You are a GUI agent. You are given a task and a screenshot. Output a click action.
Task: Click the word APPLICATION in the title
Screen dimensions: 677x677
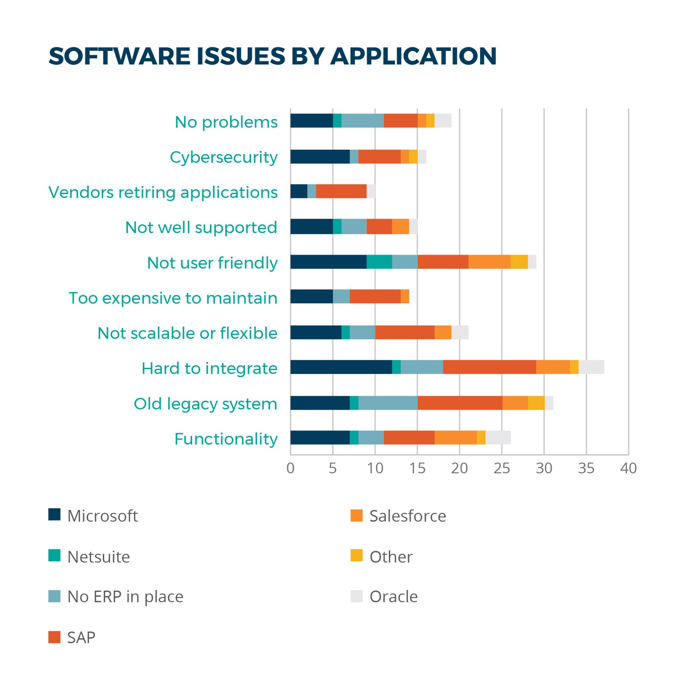pyautogui.click(x=414, y=56)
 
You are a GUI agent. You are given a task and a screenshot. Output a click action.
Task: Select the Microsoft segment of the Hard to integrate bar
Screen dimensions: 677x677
pyautogui.click(x=341, y=367)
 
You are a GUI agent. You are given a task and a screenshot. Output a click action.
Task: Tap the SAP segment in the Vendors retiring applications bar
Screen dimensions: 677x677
pyautogui.click(x=341, y=191)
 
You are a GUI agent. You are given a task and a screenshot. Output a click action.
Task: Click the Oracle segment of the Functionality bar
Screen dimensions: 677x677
pyautogui.click(x=498, y=437)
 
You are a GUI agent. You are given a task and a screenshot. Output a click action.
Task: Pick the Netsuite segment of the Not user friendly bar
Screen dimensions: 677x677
pyautogui.click(x=379, y=262)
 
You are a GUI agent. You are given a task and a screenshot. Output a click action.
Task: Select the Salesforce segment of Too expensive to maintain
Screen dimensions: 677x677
pyautogui.click(x=405, y=297)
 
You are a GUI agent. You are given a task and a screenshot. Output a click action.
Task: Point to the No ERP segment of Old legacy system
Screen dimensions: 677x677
pyautogui.click(x=387, y=403)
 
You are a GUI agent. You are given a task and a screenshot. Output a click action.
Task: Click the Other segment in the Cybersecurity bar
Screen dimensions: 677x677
pyautogui.click(x=413, y=156)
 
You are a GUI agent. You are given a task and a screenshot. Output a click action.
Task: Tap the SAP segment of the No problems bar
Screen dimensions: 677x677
pyautogui.click(x=401, y=121)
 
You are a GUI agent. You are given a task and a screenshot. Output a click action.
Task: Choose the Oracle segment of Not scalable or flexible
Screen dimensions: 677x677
pyautogui.click(x=460, y=332)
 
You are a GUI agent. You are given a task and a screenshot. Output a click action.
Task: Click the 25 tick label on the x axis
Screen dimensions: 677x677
pyautogui.click(x=502, y=468)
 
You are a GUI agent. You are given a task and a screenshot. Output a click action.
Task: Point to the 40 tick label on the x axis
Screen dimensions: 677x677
pyautogui.click(x=628, y=468)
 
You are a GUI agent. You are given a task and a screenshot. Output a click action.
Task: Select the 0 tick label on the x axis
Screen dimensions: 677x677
pyautogui.click(x=291, y=468)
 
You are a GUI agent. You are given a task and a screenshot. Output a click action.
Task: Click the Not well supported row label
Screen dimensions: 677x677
pyautogui.click(x=201, y=227)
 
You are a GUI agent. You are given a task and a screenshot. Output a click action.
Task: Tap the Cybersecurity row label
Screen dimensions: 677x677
pyautogui.click(x=223, y=157)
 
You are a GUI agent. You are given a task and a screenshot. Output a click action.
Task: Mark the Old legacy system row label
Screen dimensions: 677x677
pyautogui.click(x=205, y=404)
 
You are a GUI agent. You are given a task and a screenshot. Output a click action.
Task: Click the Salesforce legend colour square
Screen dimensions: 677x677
pyautogui.click(x=356, y=515)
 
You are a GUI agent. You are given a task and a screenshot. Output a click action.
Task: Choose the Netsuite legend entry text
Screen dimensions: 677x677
pyautogui.click(x=99, y=557)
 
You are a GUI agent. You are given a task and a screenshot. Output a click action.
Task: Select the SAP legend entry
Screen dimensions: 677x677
pyautogui.click(x=81, y=637)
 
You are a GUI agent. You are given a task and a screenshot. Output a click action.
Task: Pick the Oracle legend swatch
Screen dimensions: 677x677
pyautogui.click(x=356, y=596)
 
